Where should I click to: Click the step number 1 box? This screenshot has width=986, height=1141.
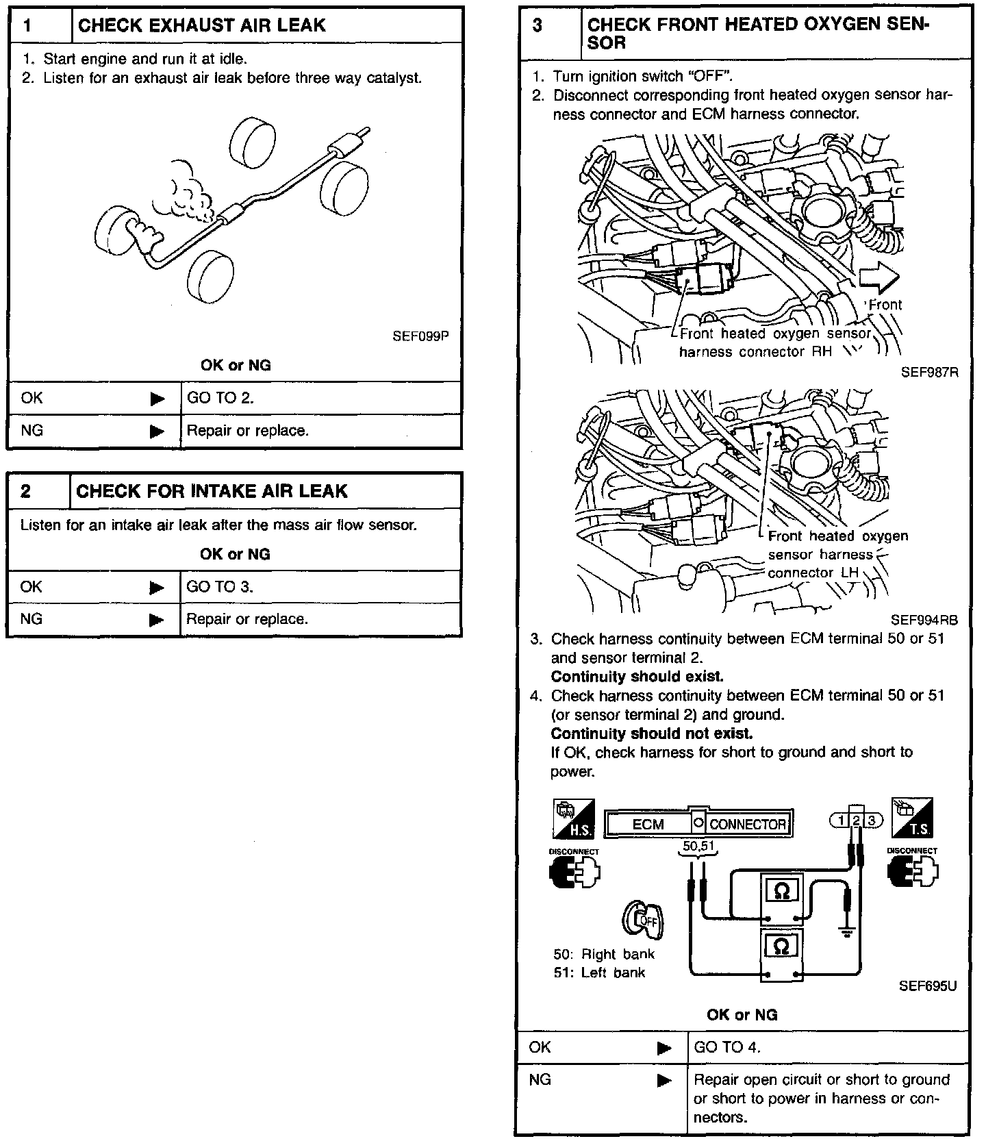point(40,26)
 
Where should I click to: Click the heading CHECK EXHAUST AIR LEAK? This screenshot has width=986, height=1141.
point(202,26)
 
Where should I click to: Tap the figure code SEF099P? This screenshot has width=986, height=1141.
point(420,336)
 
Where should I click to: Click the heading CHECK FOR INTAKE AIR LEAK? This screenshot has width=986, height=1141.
point(212,491)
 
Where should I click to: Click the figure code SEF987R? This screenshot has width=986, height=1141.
point(929,372)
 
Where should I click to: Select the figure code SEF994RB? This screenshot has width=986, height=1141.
point(924,620)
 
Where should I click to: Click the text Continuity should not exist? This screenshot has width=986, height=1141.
point(651,733)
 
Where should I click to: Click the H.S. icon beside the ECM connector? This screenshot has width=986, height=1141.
point(573,818)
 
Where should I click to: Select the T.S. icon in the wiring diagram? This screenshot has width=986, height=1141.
point(912,818)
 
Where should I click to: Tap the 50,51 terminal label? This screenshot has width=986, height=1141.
point(697,847)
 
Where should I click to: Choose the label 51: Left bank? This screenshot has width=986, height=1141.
point(599,973)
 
